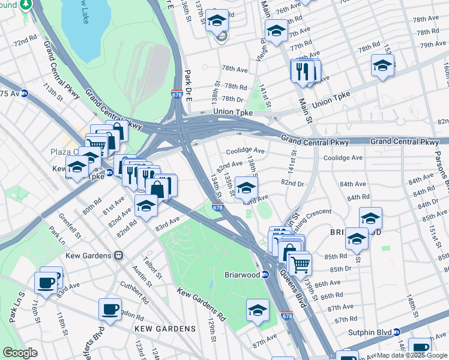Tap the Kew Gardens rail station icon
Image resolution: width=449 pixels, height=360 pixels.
[x=119, y=256]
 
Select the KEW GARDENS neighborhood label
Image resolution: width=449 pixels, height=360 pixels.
[x=165, y=329]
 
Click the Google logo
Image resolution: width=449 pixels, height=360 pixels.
[x=20, y=353]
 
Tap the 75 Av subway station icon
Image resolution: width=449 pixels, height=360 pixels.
[x=25, y=94]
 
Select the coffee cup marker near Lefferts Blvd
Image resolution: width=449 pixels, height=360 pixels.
[x=110, y=310]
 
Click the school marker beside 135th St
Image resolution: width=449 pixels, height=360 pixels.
[x=246, y=188]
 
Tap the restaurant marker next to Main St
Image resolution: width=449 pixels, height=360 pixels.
[x=302, y=71]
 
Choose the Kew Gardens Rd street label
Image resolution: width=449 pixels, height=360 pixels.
[x=200, y=304]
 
